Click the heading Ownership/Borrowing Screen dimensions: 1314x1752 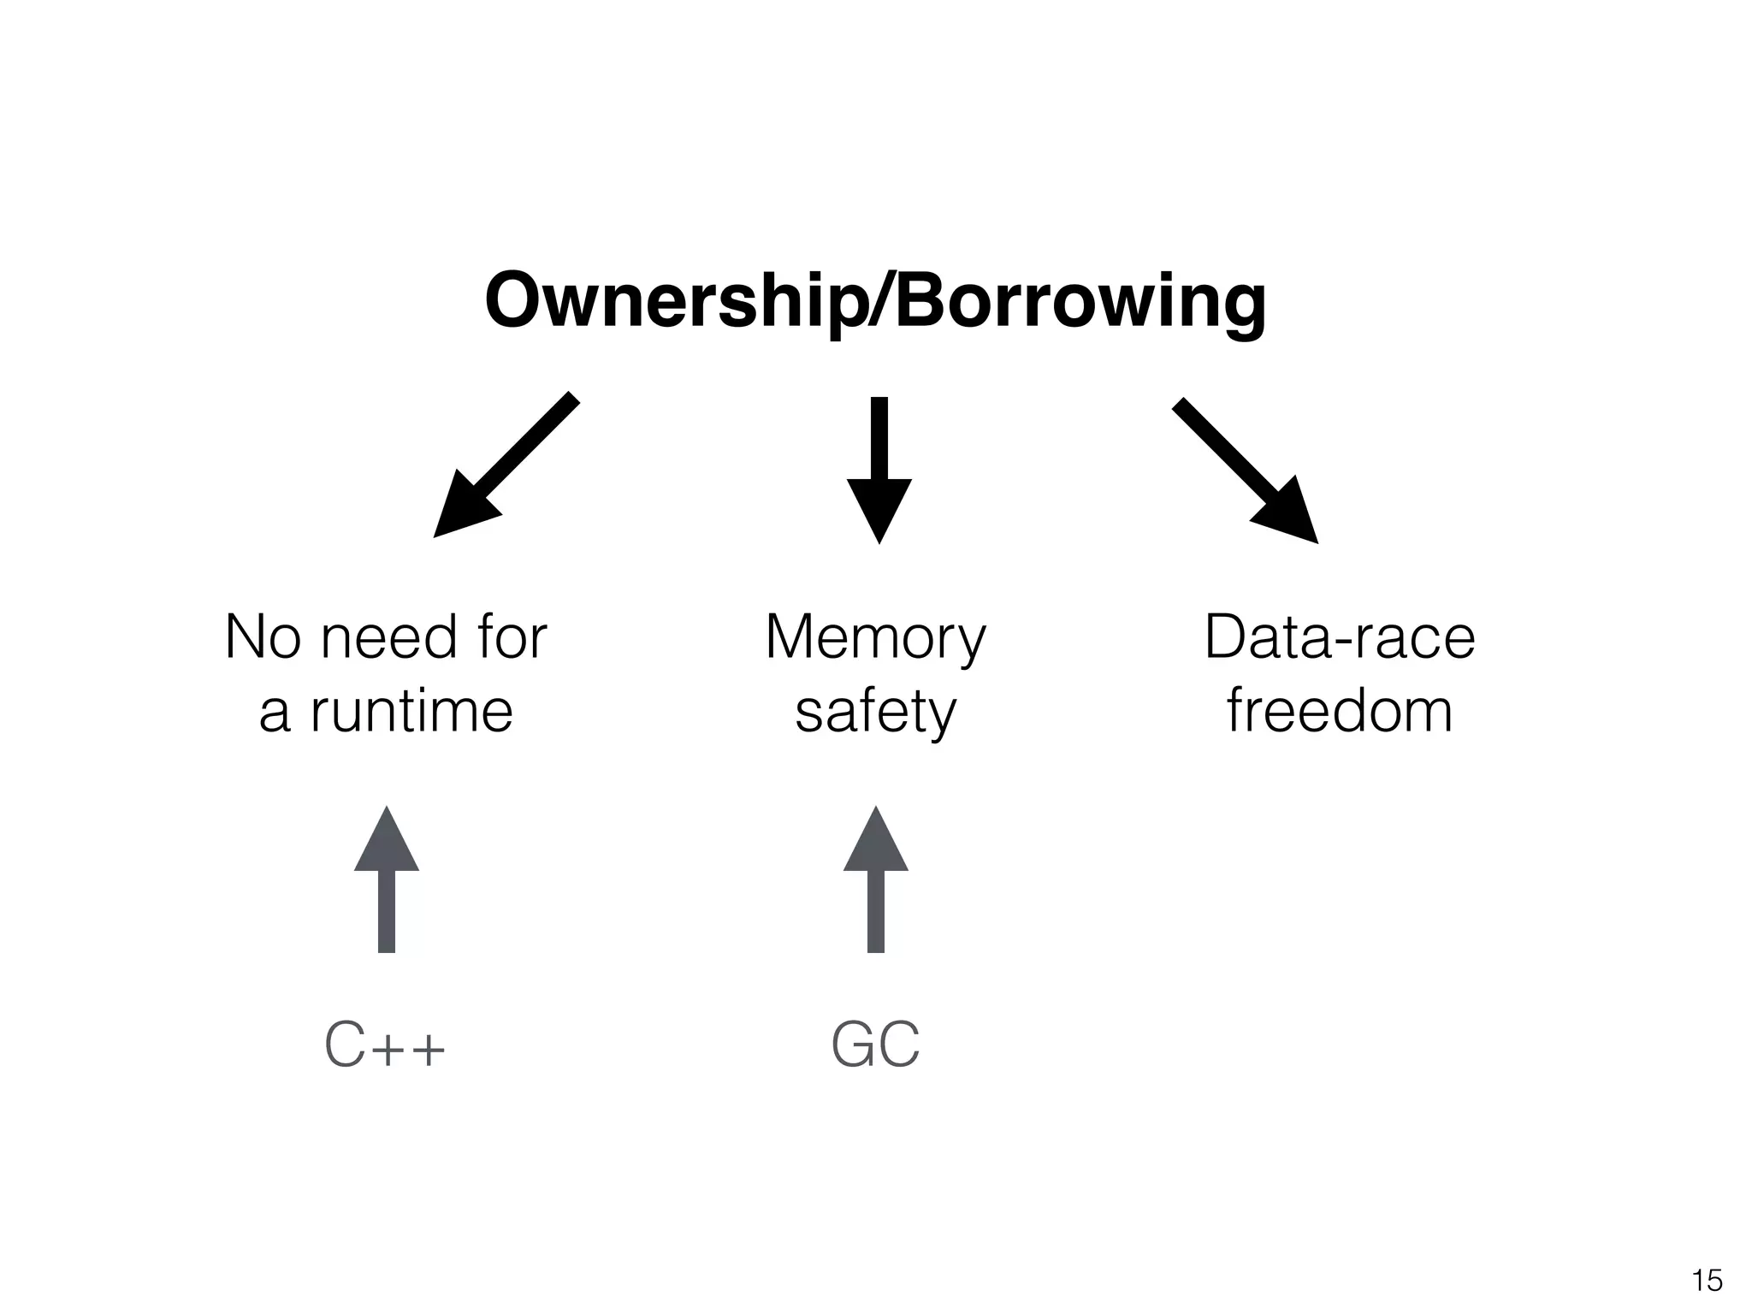click(x=875, y=301)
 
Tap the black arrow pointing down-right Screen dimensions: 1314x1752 click(x=1245, y=470)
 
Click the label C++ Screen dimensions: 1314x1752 click(x=385, y=1045)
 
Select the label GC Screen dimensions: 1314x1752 click(x=875, y=1045)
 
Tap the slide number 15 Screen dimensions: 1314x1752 click(x=1707, y=1281)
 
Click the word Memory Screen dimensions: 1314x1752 click(x=875, y=638)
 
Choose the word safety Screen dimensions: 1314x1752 click(x=875, y=712)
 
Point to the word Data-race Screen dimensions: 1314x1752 click(x=1340, y=638)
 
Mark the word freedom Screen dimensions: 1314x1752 click(x=1340, y=712)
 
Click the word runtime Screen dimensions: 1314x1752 click(x=411, y=712)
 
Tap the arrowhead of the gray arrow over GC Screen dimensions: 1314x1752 click(x=876, y=843)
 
